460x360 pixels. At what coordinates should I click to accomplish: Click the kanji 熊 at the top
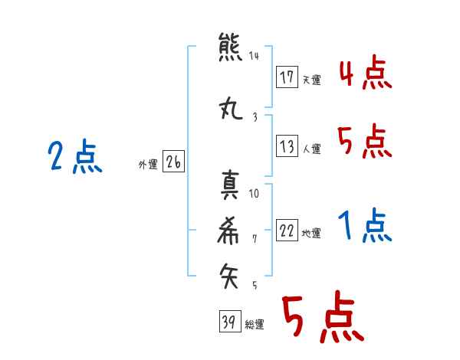tap(230, 47)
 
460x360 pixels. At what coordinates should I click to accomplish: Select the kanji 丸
tap(231, 109)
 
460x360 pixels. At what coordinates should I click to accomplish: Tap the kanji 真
tap(230, 185)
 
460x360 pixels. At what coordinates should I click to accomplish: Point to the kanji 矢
tap(228, 276)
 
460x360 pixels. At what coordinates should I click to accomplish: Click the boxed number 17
tap(287, 77)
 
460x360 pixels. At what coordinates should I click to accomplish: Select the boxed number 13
tap(287, 146)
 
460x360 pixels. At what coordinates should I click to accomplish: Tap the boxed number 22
tap(287, 230)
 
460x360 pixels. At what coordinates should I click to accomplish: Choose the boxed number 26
tap(173, 162)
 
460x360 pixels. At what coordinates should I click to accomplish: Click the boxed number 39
tap(230, 321)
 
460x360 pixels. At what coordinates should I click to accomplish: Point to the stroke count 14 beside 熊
tap(254, 56)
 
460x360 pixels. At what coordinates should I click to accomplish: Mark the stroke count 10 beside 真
tap(254, 194)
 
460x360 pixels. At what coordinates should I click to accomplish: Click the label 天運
tap(312, 80)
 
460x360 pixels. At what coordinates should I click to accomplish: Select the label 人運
tap(312, 149)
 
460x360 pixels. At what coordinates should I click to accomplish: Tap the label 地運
tap(311, 234)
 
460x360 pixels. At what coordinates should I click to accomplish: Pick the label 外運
tap(148, 165)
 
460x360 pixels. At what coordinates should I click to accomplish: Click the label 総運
tap(255, 325)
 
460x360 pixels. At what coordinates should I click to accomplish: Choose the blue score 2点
tap(75, 157)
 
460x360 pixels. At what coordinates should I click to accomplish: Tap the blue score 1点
tap(365, 225)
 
